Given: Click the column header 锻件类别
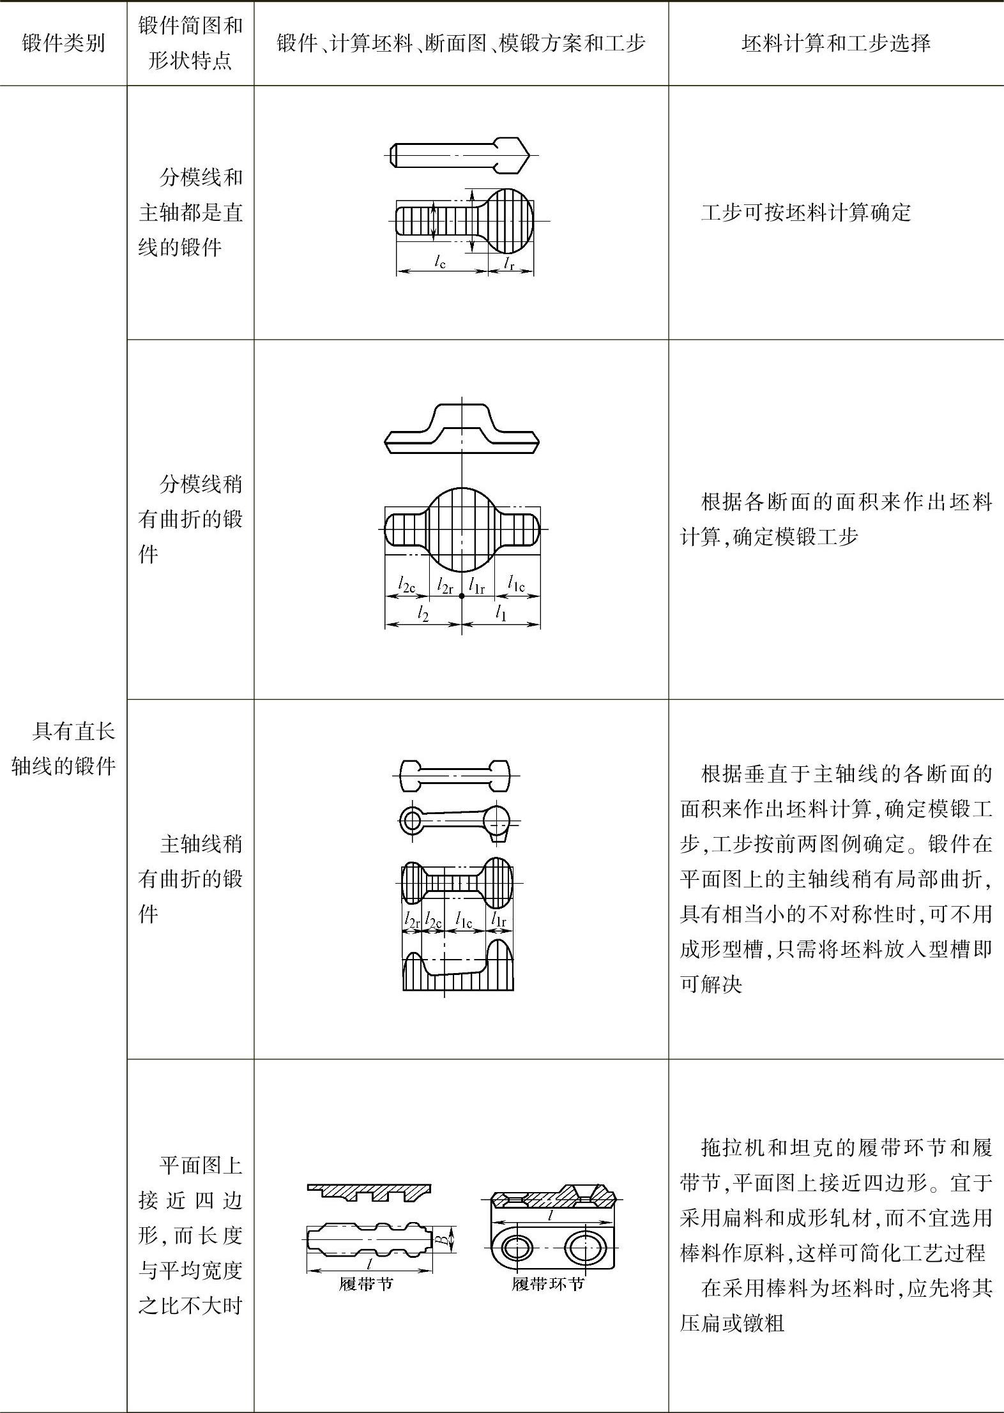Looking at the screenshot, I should [x=63, y=43].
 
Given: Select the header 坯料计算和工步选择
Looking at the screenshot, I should [x=835, y=43].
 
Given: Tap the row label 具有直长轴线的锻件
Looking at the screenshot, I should [x=63, y=748].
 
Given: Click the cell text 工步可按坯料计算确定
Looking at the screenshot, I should [x=805, y=213].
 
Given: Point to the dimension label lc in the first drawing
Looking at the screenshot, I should [x=439, y=261].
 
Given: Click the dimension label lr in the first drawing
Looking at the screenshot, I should [x=509, y=262].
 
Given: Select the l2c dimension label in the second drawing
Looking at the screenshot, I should [x=407, y=584].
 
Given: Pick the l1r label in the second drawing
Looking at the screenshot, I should [x=476, y=584].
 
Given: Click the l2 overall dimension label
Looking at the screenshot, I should [x=422, y=614].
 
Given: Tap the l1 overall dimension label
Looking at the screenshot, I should [x=501, y=614].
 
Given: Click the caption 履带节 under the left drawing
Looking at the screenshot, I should [x=365, y=1284].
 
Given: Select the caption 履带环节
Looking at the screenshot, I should [x=548, y=1284].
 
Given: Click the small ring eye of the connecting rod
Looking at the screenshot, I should [x=411, y=820].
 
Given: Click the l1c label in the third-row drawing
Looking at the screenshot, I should [x=463, y=921].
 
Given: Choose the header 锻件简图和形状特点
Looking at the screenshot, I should [x=190, y=43].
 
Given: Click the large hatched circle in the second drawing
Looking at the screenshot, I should [x=461, y=529].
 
